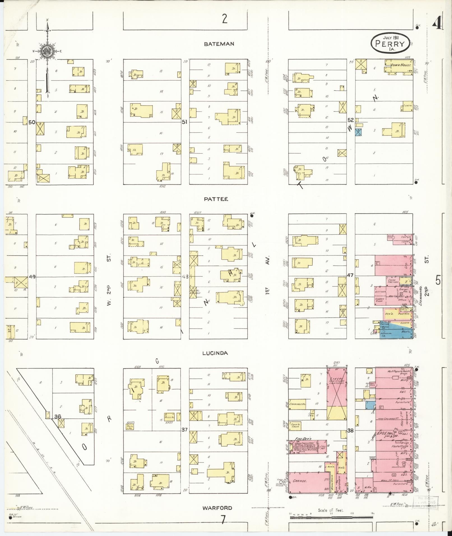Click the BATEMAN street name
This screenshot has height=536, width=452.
tap(219, 44)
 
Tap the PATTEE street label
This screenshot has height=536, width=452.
tap(216, 199)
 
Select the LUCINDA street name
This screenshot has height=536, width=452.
tap(215, 353)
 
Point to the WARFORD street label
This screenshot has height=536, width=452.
tap(218, 507)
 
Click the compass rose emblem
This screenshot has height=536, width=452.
tap(47, 51)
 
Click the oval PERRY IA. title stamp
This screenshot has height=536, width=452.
tap(390, 43)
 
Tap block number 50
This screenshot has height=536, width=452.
tap(32, 122)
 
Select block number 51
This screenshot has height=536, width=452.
tap(184, 122)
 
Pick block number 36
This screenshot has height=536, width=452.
tap(58, 416)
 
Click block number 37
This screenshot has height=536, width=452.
tap(184, 430)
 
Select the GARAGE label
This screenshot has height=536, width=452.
tap(300, 481)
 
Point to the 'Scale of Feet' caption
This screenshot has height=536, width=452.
tap(331, 510)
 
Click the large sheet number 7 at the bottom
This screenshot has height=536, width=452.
tap(223, 520)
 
